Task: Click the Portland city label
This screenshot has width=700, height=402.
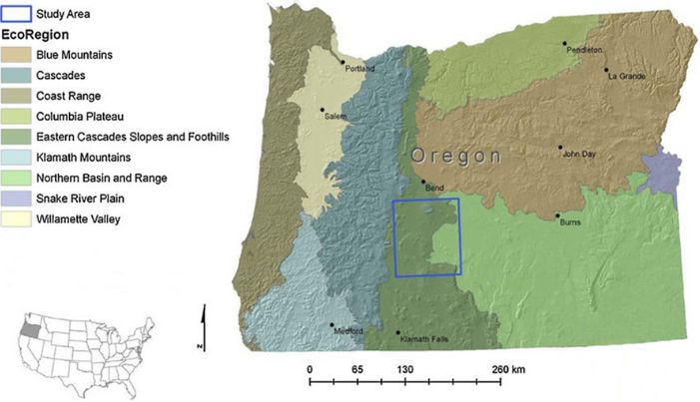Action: click(x=359, y=69)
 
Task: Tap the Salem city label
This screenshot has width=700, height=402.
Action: click(x=335, y=117)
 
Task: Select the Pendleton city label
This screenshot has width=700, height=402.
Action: click(x=587, y=50)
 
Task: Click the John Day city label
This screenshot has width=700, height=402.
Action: click(x=579, y=154)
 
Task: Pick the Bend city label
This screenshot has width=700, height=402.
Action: click(x=433, y=187)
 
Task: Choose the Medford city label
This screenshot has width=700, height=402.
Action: click(x=348, y=331)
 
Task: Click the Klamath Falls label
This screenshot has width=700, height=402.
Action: click(x=423, y=340)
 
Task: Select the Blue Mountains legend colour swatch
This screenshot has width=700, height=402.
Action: click(x=17, y=54)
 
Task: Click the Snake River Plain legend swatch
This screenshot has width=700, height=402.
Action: click(x=17, y=198)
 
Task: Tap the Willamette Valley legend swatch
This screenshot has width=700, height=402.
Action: click(x=17, y=217)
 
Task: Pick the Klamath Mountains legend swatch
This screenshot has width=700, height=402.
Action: click(x=17, y=157)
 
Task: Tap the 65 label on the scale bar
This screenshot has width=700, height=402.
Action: click(x=357, y=369)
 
